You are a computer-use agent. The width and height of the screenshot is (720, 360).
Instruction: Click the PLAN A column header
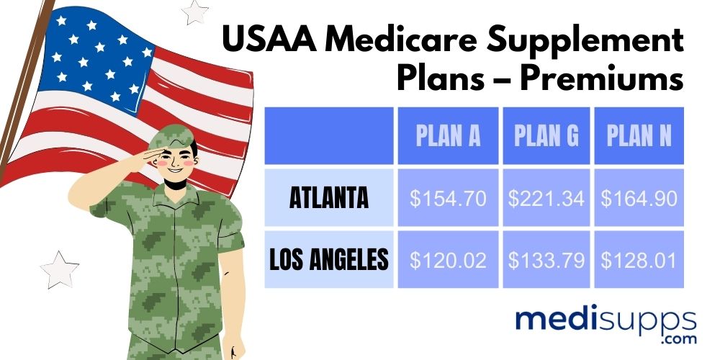(x=448, y=136)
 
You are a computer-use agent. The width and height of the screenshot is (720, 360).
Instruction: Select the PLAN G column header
(x=546, y=136)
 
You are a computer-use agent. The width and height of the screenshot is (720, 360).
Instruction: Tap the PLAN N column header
(x=639, y=136)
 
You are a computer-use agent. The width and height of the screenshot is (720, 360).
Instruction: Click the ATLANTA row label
(x=329, y=198)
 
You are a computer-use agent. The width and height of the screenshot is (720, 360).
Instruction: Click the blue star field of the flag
(x=94, y=58)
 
